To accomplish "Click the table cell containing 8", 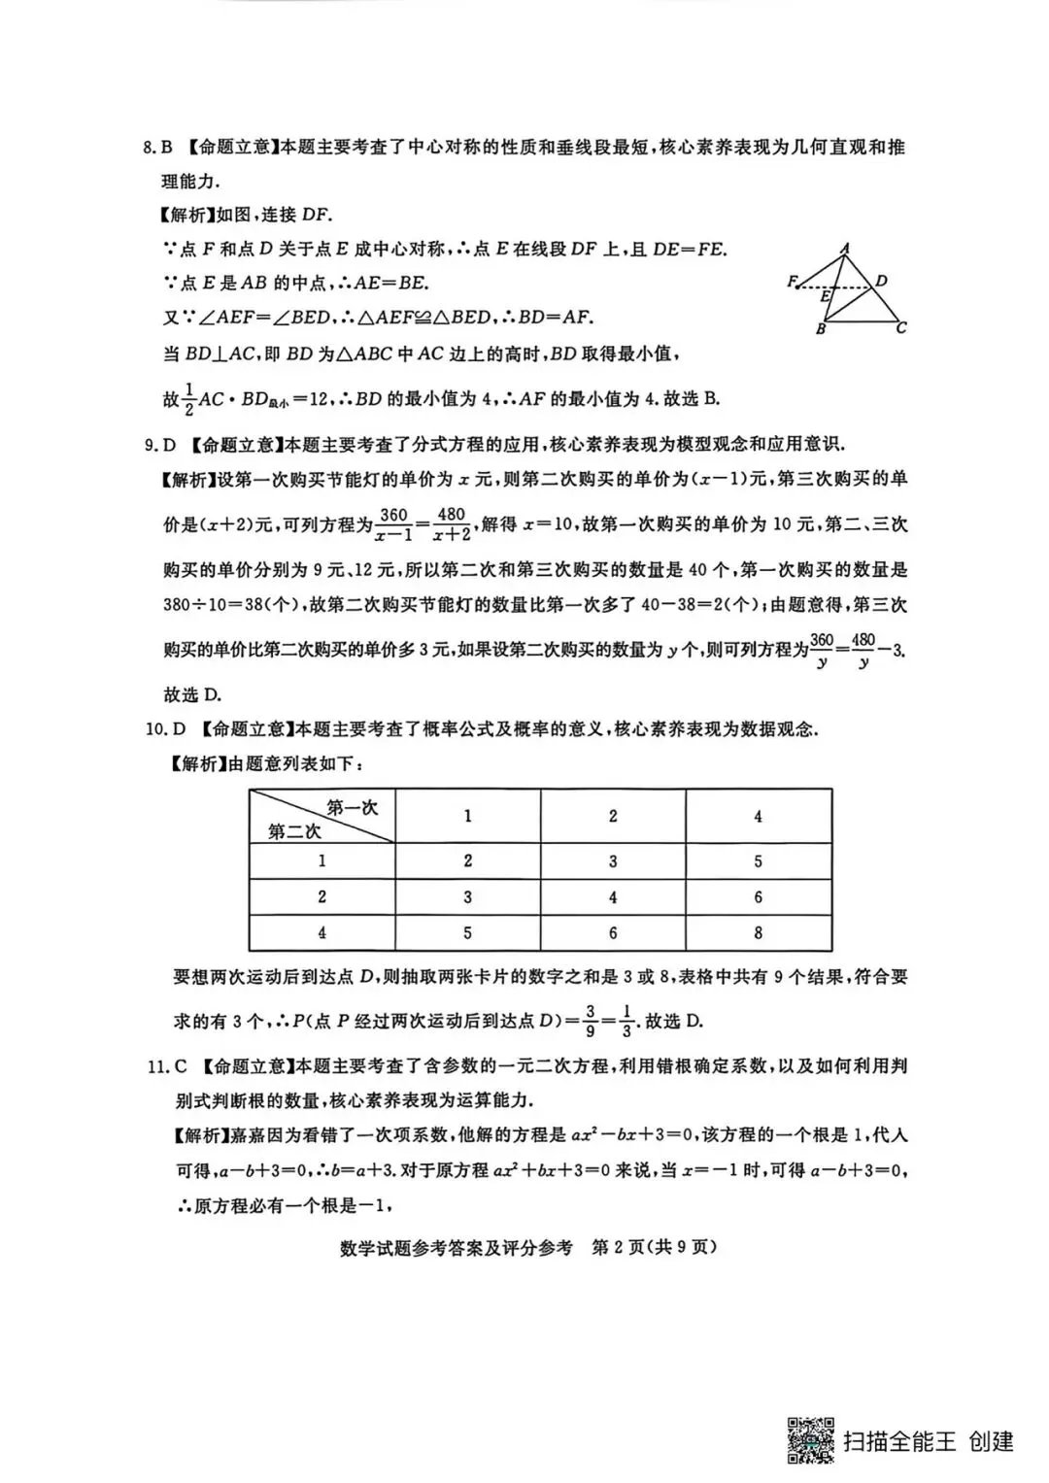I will click(x=758, y=933).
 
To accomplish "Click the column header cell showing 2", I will click(x=613, y=816).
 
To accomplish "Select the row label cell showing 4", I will click(x=321, y=933).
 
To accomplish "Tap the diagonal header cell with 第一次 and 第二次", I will click(x=322, y=817).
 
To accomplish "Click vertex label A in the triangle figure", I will click(x=846, y=249).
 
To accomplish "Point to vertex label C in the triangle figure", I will click(x=902, y=328).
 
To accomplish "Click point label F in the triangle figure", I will click(x=792, y=283).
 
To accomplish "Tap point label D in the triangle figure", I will click(x=882, y=282).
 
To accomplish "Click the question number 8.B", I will click(x=157, y=148).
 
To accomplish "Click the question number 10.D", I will click(x=164, y=728).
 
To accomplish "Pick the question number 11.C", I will click(x=166, y=1066).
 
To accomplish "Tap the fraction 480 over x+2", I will click(x=452, y=524).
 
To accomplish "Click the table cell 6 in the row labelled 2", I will click(x=758, y=897).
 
